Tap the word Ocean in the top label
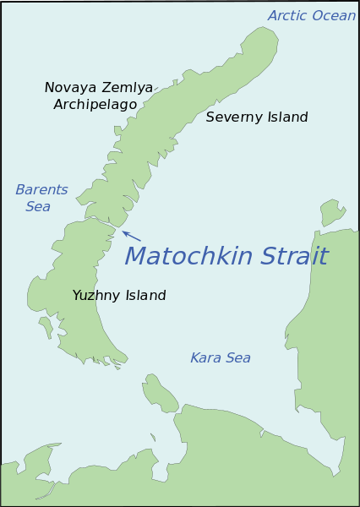[335, 15]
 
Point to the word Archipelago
[95, 104]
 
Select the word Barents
[41, 189]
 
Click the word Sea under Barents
[37, 206]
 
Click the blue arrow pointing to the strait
[131, 236]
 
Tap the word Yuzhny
[97, 295]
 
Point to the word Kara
[206, 357]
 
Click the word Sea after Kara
[237, 357]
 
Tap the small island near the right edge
[331, 210]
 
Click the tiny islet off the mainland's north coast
[153, 438]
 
